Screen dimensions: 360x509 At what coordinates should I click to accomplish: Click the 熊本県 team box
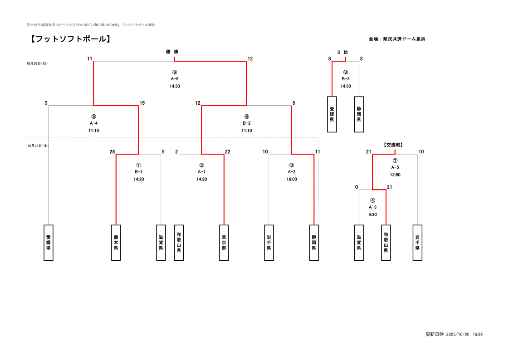(x=116, y=243)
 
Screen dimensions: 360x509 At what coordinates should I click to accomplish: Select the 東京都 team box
(x=224, y=243)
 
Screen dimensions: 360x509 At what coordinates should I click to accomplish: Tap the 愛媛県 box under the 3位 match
(x=332, y=114)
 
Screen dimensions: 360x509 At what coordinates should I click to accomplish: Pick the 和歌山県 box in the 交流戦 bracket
(x=386, y=243)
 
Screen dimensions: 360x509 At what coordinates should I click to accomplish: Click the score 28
(x=112, y=152)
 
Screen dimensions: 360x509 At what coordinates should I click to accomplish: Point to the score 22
(x=227, y=152)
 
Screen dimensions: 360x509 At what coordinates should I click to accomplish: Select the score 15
(x=142, y=103)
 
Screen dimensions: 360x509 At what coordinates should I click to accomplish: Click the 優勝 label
(x=172, y=52)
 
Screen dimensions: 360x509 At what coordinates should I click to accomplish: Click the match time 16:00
(x=292, y=179)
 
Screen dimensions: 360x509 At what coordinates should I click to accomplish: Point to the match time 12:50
(x=395, y=175)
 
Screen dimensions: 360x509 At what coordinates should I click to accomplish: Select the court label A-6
(x=175, y=79)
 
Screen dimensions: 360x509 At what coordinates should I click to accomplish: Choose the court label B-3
(x=346, y=79)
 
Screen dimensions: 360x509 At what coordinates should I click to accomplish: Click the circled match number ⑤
(x=93, y=117)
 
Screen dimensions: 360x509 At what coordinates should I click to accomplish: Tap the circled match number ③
(x=292, y=165)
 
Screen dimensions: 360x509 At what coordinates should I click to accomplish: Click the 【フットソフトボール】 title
(x=70, y=39)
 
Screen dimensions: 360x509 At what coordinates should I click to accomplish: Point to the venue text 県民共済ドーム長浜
(x=404, y=39)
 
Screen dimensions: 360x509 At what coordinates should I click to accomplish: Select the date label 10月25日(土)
(x=38, y=146)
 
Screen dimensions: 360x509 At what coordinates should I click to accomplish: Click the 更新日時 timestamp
(x=454, y=334)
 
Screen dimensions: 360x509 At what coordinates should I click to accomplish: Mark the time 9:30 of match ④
(x=372, y=214)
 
